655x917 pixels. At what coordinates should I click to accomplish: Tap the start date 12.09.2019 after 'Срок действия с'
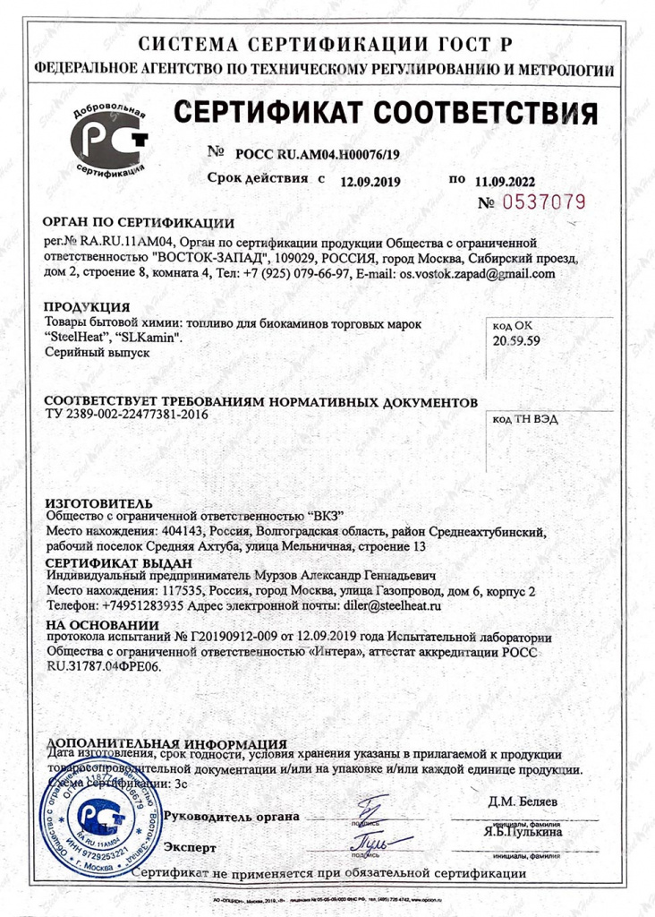370,182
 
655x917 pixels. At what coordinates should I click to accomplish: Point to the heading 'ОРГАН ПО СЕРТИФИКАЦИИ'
139,223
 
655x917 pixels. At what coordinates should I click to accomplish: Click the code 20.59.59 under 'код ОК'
517,342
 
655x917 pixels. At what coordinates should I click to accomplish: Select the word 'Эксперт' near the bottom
191,846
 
